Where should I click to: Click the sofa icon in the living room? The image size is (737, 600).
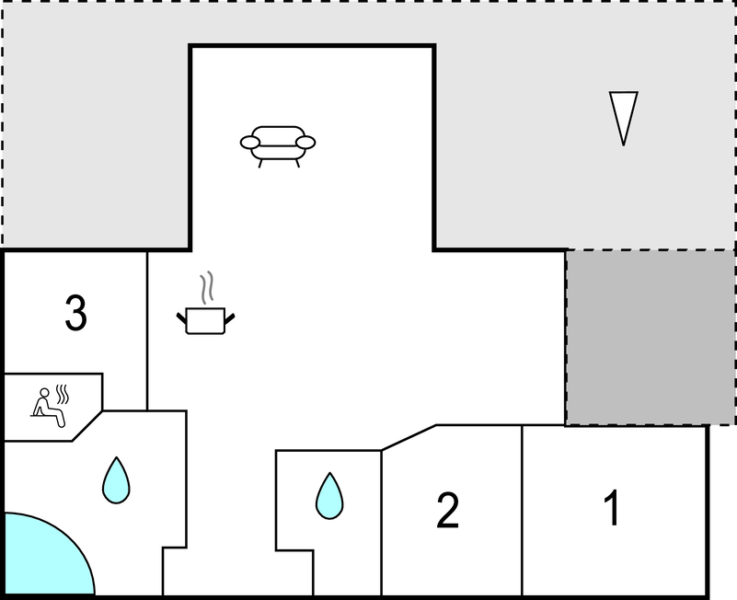278,146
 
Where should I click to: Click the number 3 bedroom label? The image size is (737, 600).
75,313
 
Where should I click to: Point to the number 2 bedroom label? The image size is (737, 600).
447,510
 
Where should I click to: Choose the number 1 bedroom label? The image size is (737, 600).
613,507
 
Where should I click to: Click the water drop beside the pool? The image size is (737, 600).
116,480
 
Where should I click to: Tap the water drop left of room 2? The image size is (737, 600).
329,496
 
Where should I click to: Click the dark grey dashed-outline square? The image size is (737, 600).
650,337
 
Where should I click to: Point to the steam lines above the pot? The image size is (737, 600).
207,287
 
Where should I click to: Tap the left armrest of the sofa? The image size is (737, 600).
249,142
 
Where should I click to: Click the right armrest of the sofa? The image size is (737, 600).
305,142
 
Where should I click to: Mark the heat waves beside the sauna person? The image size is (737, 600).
63,394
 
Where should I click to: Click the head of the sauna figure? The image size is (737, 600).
44,393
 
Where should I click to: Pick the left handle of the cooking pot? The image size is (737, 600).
182,318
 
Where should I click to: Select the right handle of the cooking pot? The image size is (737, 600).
229,319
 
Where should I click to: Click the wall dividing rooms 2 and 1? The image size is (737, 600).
522,510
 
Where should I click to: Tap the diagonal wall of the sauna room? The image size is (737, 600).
87,426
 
